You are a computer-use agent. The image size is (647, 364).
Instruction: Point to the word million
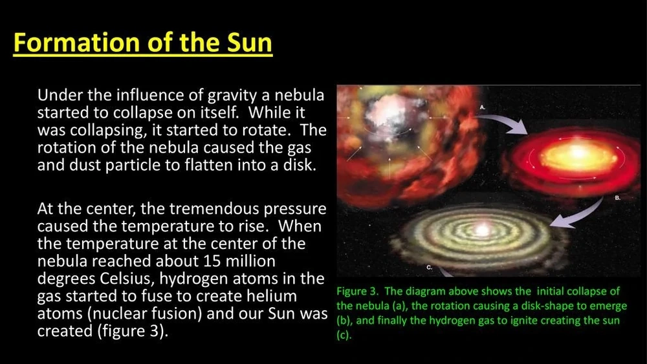coord(251,261)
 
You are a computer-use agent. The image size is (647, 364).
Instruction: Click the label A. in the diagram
coord(483,107)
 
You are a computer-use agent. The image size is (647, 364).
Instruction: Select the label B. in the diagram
coord(618,198)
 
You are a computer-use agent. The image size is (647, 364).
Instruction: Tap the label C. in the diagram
coord(429,268)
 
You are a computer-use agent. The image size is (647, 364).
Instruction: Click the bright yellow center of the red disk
coord(577,153)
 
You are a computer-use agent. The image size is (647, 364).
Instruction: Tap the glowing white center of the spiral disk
coord(482,230)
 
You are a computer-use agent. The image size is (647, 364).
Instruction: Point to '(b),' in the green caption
coord(345,321)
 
